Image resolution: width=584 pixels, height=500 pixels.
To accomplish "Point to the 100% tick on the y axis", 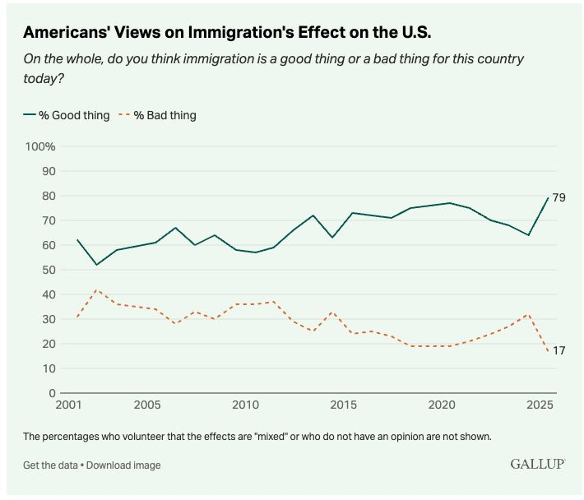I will (40, 146).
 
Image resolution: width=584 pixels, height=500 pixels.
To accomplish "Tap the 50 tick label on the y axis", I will (48, 270).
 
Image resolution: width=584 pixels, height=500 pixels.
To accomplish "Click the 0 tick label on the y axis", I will (51, 393).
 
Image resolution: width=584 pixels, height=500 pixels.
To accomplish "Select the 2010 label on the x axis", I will (244, 405).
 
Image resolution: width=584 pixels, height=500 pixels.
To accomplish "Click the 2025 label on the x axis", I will (540, 405).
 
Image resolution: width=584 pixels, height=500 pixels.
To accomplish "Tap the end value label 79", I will (559, 198).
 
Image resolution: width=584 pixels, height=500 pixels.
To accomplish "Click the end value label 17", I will (559, 351).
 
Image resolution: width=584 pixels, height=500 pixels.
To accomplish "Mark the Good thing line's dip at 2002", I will (97, 265).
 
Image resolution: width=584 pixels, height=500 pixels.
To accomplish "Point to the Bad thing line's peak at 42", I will (97, 289).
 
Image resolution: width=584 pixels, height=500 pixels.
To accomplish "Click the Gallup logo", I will (537, 465).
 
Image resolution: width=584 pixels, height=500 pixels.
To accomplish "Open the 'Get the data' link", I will (49, 465).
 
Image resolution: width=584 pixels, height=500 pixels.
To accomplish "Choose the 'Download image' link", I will (123, 465).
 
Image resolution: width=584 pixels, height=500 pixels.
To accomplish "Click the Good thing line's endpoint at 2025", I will (548, 198).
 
